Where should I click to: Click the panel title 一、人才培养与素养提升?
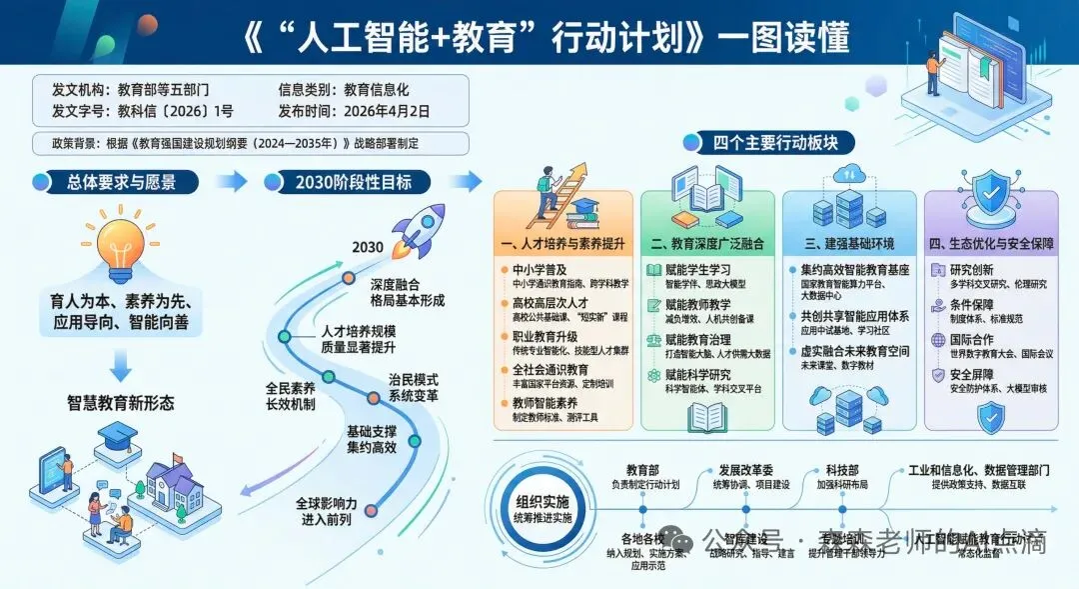pyautogui.click(x=564, y=243)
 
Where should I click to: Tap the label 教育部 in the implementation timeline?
pyautogui.click(x=643, y=469)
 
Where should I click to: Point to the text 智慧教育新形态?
pyautogui.click(x=121, y=403)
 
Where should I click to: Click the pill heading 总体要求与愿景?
pyautogui.click(x=131, y=182)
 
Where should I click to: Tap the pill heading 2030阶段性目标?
pyautogui.click(x=353, y=182)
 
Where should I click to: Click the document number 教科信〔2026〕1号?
pyautogui.click(x=176, y=111)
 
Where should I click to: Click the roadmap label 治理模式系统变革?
pyautogui.click(x=412, y=387)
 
